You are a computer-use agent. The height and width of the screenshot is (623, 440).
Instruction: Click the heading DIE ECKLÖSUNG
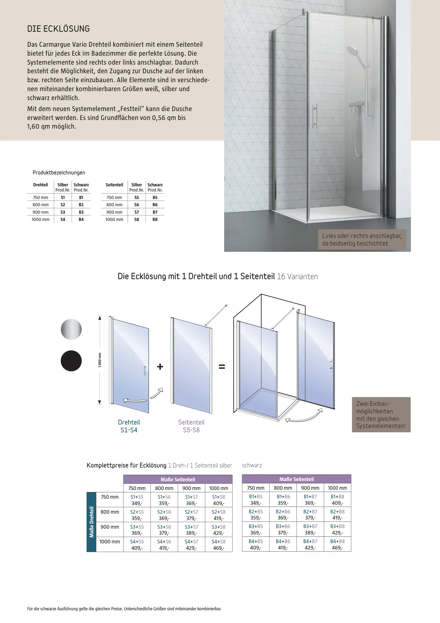click(58, 29)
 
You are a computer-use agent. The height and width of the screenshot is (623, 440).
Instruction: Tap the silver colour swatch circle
click(71, 329)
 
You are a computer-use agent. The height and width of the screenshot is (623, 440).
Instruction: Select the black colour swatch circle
click(71, 361)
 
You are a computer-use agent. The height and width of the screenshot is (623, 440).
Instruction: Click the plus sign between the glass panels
click(160, 367)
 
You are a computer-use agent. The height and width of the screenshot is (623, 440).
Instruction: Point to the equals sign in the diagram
click(222, 367)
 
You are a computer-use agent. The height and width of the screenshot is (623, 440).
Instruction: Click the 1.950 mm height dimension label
click(100, 360)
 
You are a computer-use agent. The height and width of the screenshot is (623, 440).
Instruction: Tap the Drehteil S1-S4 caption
click(129, 426)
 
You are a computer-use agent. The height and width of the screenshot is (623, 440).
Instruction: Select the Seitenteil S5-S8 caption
click(191, 426)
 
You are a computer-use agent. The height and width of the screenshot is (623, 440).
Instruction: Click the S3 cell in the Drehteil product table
click(63, 212)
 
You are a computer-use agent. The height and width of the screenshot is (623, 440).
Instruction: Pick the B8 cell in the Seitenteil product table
click(155, 219)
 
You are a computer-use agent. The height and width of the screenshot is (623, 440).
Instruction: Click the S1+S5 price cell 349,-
click(137, 500)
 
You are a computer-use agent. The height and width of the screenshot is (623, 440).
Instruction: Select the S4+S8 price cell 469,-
click(219, 545)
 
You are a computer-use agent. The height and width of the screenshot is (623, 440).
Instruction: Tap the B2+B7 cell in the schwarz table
click(310, 515)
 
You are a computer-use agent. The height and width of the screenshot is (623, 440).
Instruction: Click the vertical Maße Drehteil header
click(91, 522)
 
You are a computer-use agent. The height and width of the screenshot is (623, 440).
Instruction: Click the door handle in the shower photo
click(316, 116)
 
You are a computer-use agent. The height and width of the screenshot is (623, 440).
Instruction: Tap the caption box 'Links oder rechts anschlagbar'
click(362, 239)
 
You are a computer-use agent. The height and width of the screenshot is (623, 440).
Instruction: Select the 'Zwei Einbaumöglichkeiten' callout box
click(381, 414)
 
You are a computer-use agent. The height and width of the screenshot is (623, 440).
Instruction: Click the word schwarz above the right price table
click(252, 465)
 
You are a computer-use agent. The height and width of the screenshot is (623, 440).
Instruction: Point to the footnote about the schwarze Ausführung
click(124, 609)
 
